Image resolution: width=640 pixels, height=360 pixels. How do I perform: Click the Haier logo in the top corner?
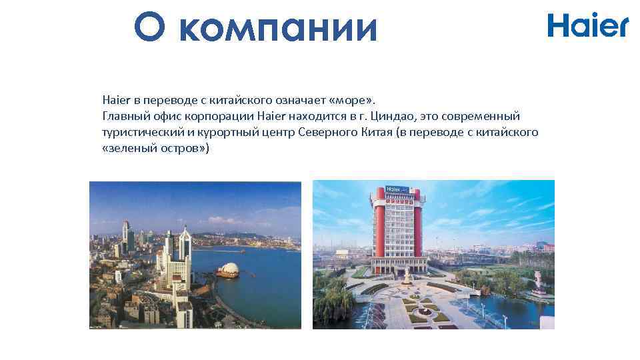pos(587,25)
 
